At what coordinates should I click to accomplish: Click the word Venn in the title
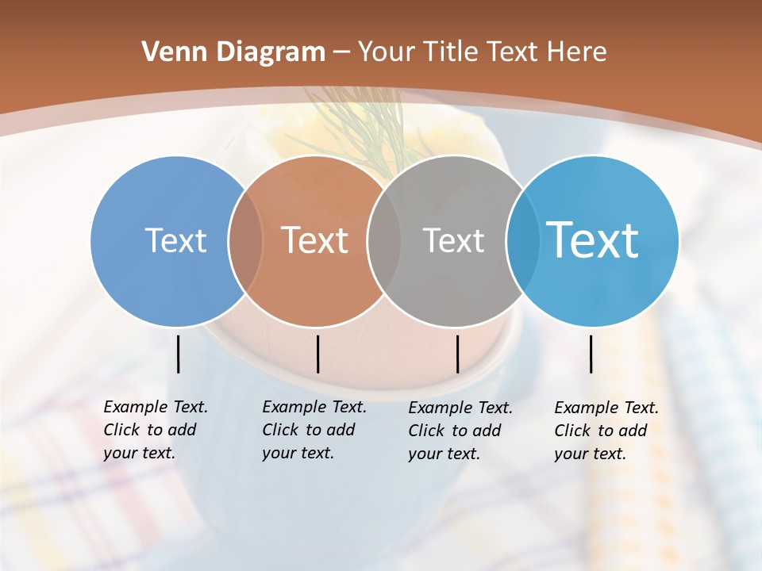[x=167, y=52]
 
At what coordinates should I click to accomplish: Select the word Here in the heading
[x=577, y=52]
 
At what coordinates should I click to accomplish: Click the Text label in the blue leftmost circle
[x=175, y=240]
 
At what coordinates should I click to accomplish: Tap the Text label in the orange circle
[x=315, y=240]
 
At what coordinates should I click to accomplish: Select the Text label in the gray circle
[x=453, y=240]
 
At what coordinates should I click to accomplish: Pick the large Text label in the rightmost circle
[x=593, y=240]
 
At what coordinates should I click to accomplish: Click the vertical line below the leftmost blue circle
[x=179, y=354]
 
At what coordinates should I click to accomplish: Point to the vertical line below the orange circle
[x=317, y=354]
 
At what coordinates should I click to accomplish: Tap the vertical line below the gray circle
[x=458, y=354]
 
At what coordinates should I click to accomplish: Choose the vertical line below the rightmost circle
[x=591, y=354]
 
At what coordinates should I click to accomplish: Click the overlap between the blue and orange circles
[x=245, y=240]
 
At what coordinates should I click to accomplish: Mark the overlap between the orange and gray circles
[x=383, y=240]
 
